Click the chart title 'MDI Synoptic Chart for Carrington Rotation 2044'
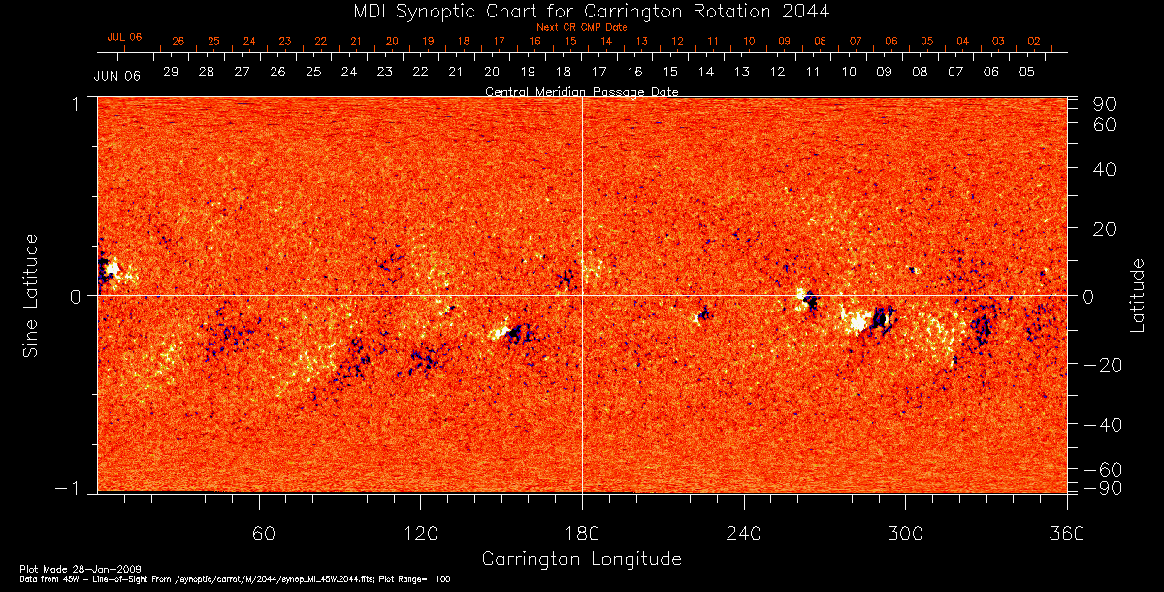582,11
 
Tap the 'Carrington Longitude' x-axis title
581,559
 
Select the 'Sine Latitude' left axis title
32,296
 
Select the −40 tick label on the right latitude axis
1103,424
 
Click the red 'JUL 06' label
124,37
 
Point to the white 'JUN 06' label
117,76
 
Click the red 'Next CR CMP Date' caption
582,27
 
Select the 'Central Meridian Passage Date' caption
581,91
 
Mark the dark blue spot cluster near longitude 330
983,327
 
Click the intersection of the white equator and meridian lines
582,296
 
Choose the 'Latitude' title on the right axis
1137,295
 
